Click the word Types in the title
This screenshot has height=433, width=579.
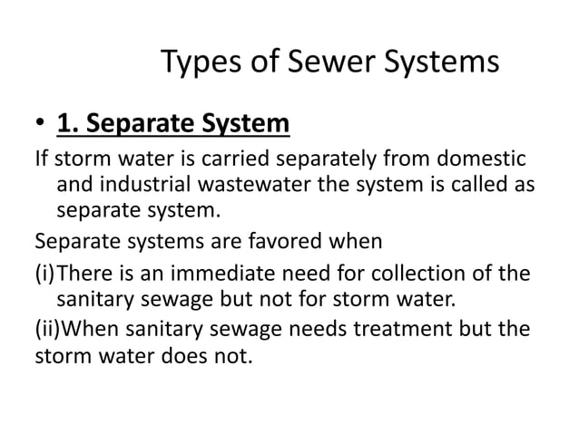pos(198,63)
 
